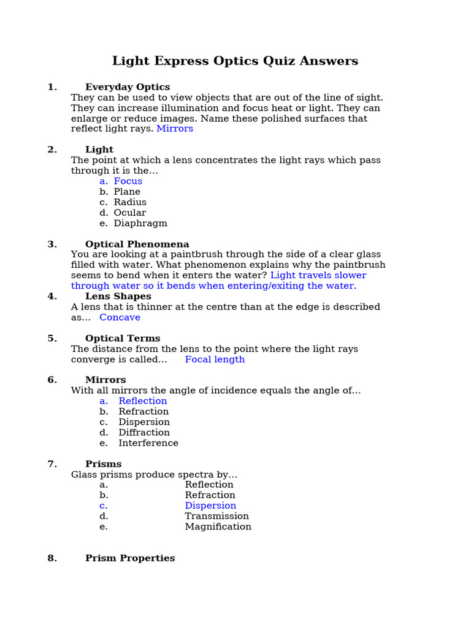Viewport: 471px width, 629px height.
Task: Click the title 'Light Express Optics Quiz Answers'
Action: pyautogui.click(x=235, y=61)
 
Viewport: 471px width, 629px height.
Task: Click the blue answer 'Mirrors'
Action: pyautogui.click(x=175, y=128)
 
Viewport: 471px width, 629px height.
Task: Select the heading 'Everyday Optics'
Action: pyautogui.click(x=128, y=87)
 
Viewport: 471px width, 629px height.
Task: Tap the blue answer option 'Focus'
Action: pyautogui.click(x=128, y=181)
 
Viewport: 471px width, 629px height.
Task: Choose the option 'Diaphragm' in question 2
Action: pyautogui.click(x=140, y=223)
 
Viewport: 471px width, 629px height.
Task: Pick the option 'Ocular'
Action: pyautogui.click(x=130, y=213)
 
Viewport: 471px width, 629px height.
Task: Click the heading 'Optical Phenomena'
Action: pyautogui.click(x=137, y=244)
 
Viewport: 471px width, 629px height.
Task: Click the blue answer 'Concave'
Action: pyautogui.click(x=120, y=318)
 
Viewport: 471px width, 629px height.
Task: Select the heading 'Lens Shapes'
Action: pyautogui.click(x=118, y=296)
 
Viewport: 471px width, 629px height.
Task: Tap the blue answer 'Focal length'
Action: pyautogui.click(x=215, y=359)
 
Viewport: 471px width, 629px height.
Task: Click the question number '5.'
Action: pyautogui.click(x=52, y=338)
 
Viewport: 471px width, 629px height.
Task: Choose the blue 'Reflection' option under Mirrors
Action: pyautogui.click(x=143, y=401)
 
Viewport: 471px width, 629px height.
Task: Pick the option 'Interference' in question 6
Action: pyautogui.click(x=148, y=443)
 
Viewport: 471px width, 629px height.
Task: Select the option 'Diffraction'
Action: pyautogui.click(x=144, y=432)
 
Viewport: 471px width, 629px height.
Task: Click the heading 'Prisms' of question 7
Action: pyautogui.click(x=104, y=464)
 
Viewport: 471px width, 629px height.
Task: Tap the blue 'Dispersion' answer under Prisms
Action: pyautogui.click(x=210, y=506)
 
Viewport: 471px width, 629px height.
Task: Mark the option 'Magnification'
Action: pyautogui.click(x=218, y=526)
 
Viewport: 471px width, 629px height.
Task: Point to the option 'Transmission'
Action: pyautogui.click(x=216, y=516)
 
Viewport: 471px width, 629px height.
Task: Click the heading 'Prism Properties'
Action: pyautogui.click(x=130, y=558)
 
